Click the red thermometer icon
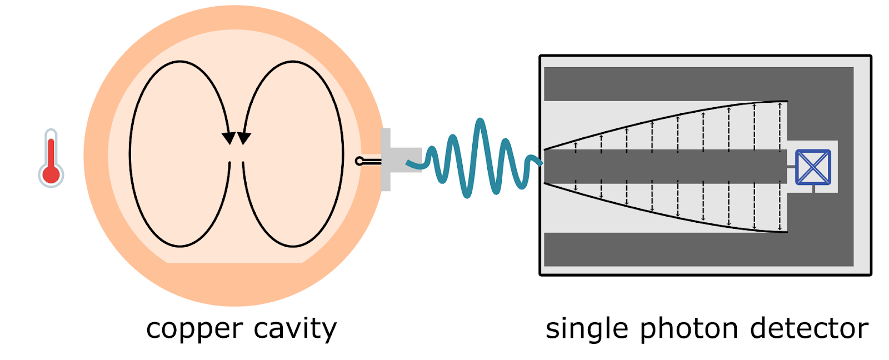click(51, 158)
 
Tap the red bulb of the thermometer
click(51, 173)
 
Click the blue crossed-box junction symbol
click(813, 167)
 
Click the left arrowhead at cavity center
click(228, 138)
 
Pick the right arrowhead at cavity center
click(244, 138)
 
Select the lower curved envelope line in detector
click(667, 216)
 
